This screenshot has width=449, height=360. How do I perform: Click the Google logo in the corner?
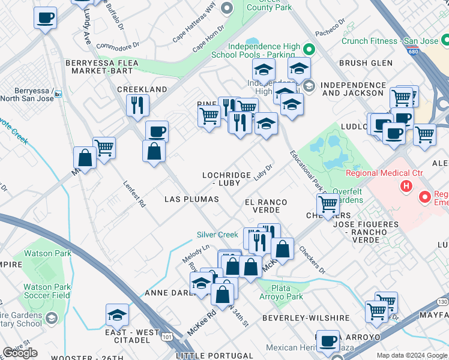coord(20,352)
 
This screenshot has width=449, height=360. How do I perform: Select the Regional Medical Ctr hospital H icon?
coord(406,186)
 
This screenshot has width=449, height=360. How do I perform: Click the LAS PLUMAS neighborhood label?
coord(191,199)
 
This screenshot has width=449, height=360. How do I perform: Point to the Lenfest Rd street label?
coord(134,194)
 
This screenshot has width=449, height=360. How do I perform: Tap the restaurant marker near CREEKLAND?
coord(137,106)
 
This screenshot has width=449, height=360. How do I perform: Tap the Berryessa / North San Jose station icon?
coord(58,94)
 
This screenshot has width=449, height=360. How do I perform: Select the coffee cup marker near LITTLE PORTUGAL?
coord(328,341)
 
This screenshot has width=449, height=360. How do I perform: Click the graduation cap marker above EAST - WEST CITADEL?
coord(117,314)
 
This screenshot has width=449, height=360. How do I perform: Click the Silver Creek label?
coord(217,235)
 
